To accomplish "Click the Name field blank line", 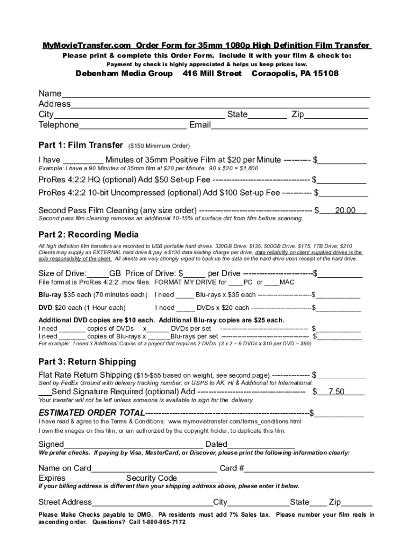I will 215,94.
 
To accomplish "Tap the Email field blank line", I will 289,126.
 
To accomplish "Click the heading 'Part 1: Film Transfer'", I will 81,145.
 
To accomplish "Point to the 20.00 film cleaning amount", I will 345,211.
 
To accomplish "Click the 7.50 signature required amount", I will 336,392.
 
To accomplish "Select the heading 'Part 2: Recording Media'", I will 88,235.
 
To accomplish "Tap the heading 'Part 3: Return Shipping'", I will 87,361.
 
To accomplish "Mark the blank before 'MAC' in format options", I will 272,283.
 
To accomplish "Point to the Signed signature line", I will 133,445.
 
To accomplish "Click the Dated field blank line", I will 261,445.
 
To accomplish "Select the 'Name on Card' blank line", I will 154,468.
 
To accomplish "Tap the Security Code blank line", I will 202,479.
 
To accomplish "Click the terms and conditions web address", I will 234,422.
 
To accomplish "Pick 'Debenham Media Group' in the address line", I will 124,73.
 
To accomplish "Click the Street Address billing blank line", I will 152,503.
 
